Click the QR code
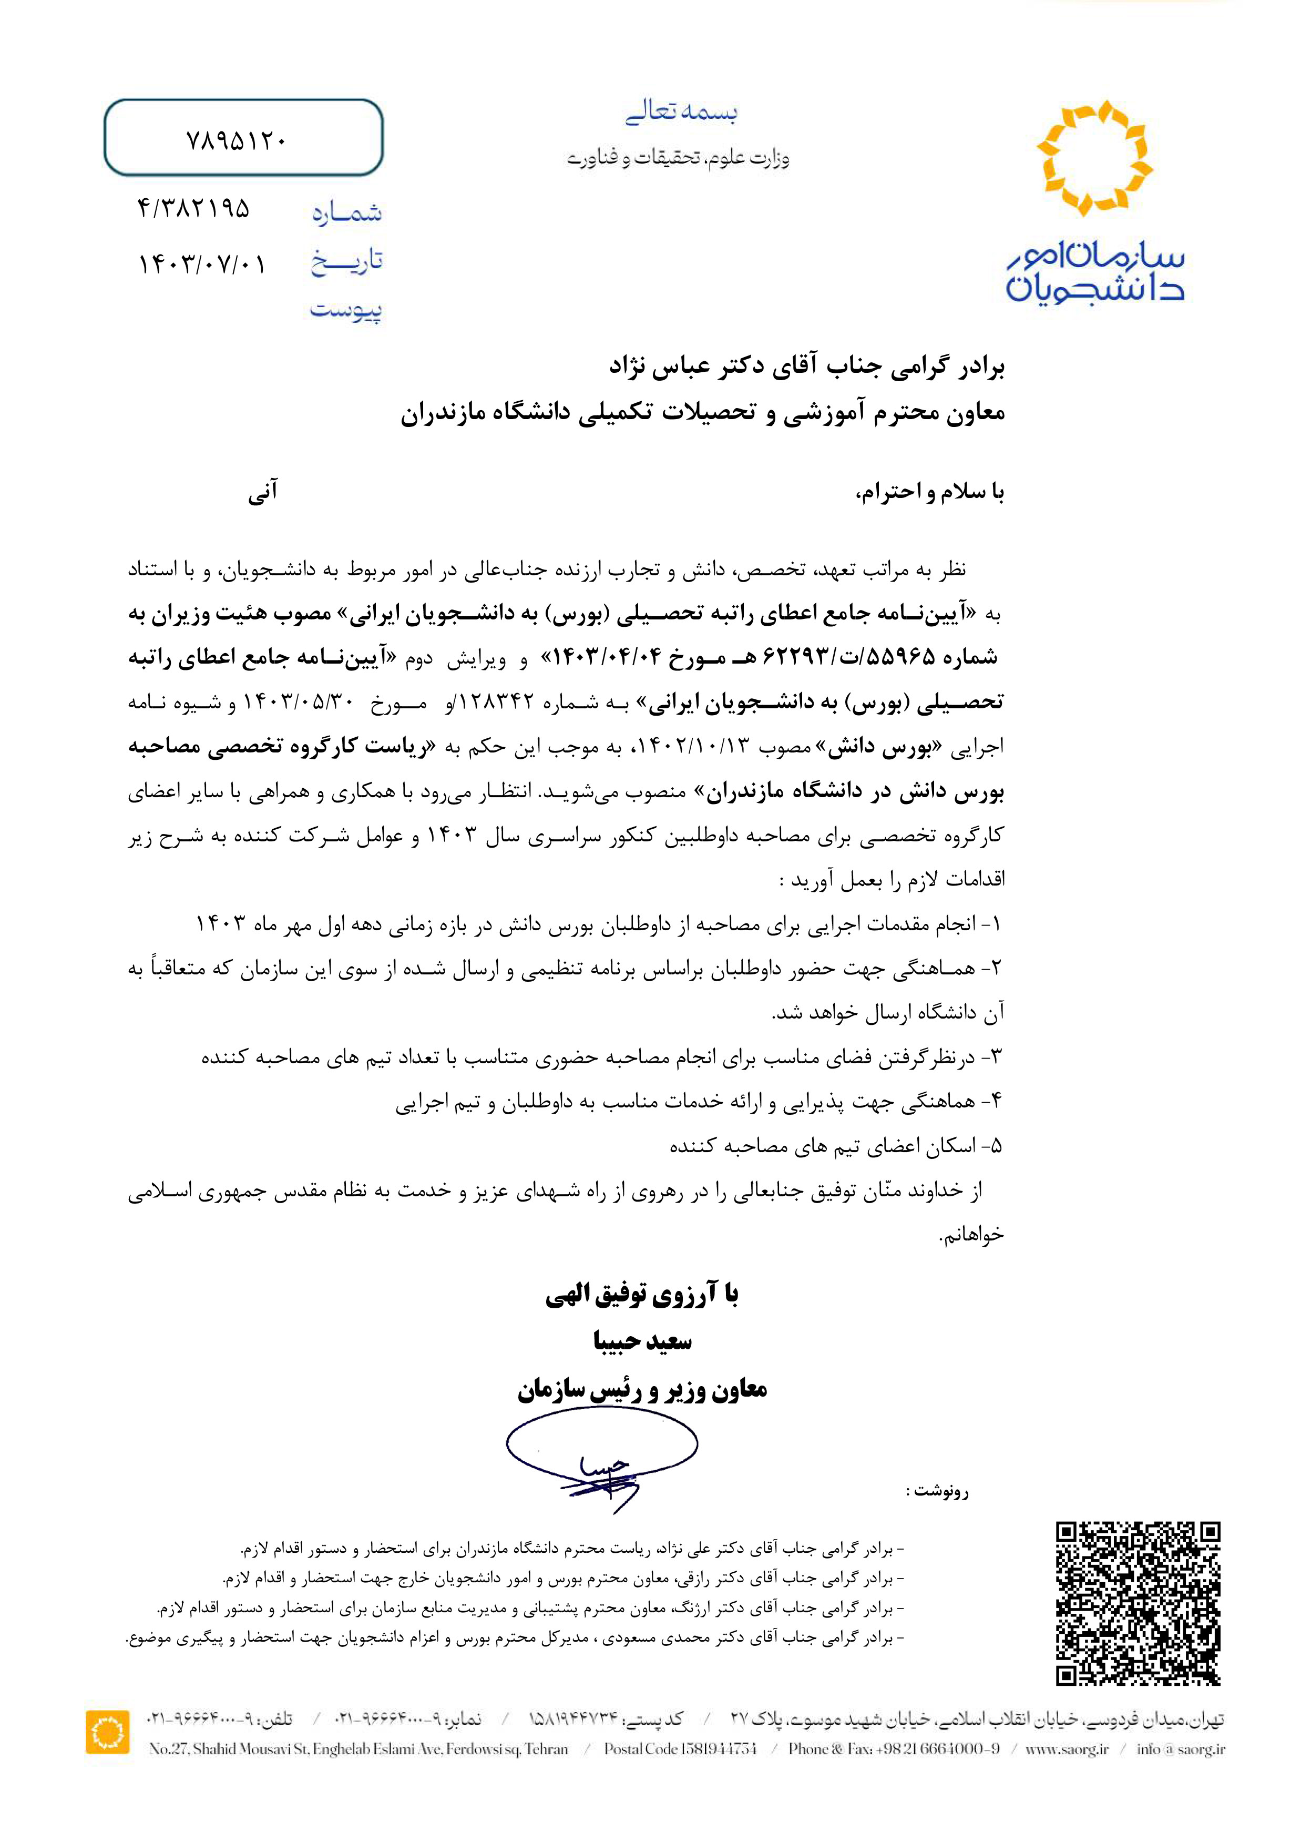tap(1138, 1602)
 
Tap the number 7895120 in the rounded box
tap(236, 140)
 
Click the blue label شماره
tap(346, 212)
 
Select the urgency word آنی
tap(262, 491)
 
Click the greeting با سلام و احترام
tap(930, 493)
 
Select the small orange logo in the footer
tap(107, 1731)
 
